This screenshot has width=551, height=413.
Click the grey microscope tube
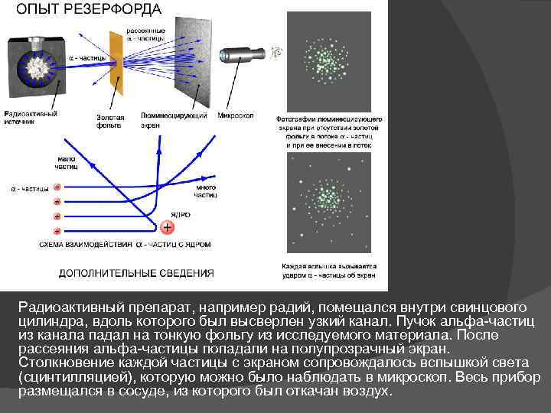243,55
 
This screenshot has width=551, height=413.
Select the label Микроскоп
236,115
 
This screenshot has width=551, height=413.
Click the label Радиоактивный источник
31,118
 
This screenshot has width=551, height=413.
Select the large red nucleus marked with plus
168,227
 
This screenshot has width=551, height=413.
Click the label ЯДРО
181,215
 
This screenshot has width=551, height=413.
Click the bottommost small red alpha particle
57,230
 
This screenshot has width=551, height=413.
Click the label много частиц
205,191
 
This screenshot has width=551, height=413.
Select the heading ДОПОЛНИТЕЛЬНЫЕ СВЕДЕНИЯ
137,272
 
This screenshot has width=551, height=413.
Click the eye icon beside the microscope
276,52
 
